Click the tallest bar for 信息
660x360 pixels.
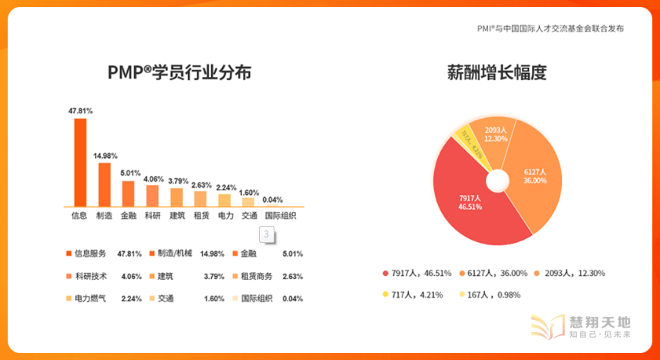pos(80,163)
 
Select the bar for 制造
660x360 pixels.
pos(104,185)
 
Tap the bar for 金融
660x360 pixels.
pos(128,194)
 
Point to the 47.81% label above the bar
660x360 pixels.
pos(80,111)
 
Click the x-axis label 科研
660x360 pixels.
pos(152,216)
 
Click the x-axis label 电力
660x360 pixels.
pos(225,216)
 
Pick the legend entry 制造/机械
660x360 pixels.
pos(175,254)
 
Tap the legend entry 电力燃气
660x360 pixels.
pos(90,298)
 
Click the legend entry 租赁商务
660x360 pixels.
pos(258,276)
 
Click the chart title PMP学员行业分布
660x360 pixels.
pos(179,73)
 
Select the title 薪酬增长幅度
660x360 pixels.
pos(497,73)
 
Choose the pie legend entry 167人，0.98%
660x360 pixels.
pos(493,294)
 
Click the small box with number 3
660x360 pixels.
pos(266,234)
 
